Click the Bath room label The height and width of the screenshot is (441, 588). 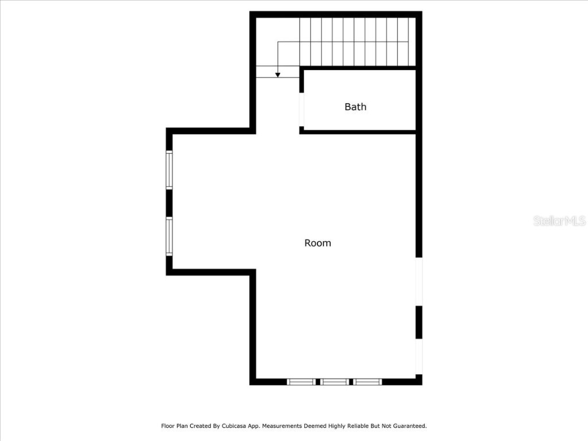(355, 107)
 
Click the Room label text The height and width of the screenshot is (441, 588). (318, 243)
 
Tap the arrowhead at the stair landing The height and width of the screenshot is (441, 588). (278, 74)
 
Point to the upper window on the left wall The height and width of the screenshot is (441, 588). (169, 169)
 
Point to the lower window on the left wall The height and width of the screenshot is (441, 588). (169, 236)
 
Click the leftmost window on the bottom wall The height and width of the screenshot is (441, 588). (301, 381)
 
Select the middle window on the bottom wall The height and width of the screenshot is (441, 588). (334, 381)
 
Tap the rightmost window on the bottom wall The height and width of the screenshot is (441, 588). (367, 381)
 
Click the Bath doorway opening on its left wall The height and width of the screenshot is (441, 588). (301, 109)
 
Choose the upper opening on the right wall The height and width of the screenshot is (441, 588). (419, 281)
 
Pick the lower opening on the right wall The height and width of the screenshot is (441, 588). (419, 357)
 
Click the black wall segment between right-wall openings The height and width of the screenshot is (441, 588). (419, 322)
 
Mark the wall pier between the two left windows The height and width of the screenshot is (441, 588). (169, 203)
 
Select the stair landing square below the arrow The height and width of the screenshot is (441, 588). (278, 72)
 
